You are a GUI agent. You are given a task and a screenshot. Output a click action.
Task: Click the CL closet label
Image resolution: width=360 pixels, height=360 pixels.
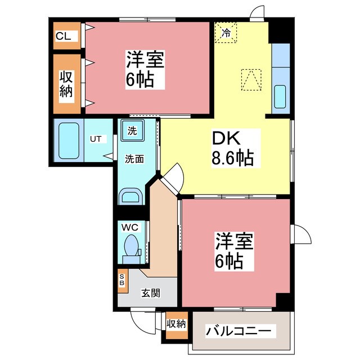tap(63, 36)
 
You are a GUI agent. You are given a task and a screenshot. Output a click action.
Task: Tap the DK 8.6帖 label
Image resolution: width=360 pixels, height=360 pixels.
tap(232, 148)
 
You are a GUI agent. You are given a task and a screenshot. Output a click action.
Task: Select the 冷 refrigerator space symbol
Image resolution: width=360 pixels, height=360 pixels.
tap(226, 32)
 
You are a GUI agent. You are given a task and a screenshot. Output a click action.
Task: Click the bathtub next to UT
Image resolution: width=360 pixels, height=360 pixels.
tap(69, 141)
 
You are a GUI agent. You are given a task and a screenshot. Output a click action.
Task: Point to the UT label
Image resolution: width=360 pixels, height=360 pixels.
tap(96, 139)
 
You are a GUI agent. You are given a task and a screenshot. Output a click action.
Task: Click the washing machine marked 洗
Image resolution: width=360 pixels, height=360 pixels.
tap(133, 130)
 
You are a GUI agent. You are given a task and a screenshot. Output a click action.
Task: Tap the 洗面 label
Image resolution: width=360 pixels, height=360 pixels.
tap(134, 159)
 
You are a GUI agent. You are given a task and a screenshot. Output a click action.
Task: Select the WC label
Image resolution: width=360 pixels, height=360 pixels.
tap(130, 227)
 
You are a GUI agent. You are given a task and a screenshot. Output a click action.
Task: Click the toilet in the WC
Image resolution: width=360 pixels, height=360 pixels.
tap(132, 249)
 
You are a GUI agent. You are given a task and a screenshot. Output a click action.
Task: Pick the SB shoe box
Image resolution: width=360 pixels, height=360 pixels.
tap(123, 281)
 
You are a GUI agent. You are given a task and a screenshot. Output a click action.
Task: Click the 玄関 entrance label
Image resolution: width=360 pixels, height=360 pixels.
tap(150, 292)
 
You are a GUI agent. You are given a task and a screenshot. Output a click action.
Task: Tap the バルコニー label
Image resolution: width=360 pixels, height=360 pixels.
tap(238, 331)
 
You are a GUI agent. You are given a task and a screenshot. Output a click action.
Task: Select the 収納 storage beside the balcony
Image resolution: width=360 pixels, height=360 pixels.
tap(177, 325)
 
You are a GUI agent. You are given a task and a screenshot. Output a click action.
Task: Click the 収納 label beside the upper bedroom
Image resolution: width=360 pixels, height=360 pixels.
tap(66, 84)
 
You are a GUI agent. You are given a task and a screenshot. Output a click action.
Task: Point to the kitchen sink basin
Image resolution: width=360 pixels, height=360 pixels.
tap(280, 97)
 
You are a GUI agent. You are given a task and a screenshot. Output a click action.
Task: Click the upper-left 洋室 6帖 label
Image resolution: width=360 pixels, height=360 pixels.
tap(145, 69)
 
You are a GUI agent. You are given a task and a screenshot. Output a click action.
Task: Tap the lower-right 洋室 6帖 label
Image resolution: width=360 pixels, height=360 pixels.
tap(234, 251)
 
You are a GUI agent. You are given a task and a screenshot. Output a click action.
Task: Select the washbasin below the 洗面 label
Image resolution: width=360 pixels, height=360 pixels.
tap(130, 196)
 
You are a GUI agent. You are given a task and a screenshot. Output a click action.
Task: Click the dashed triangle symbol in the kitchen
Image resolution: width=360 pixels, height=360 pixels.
tap(251, 80)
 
